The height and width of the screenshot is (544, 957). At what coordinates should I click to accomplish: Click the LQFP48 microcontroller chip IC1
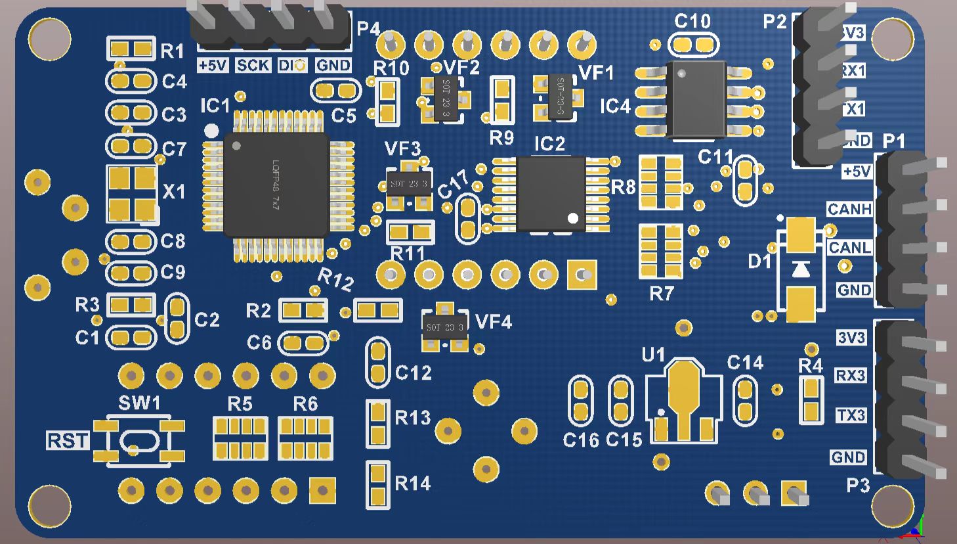[x=276, y=185]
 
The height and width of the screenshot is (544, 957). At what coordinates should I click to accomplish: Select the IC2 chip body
[x=550, y=193]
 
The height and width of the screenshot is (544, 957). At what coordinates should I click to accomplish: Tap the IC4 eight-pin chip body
[x=696, y=99]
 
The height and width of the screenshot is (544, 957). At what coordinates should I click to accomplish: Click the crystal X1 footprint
[x=132, y=193]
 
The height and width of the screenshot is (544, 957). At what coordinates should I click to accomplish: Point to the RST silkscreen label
[x=68, y=440]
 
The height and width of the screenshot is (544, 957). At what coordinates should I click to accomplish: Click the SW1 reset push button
[x=138, y=440]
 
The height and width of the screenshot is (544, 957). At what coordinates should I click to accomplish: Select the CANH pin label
[x=849, y=209]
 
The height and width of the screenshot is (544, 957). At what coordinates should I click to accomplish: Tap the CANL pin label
[x=849, y=248]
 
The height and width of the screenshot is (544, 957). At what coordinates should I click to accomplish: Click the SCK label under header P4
[x=253, y=65]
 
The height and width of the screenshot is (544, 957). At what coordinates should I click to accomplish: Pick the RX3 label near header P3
[x=850, y=375]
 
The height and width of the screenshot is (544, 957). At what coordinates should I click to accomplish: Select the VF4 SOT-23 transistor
[x=444, y=327]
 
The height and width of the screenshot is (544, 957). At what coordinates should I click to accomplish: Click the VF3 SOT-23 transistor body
[x=408, y=184]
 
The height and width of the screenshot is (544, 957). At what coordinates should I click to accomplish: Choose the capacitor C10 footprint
[x=692, y=45]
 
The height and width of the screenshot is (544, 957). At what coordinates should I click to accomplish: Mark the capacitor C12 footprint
[x=377, y=362]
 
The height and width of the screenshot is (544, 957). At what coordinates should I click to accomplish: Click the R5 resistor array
[x=240, y=438]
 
